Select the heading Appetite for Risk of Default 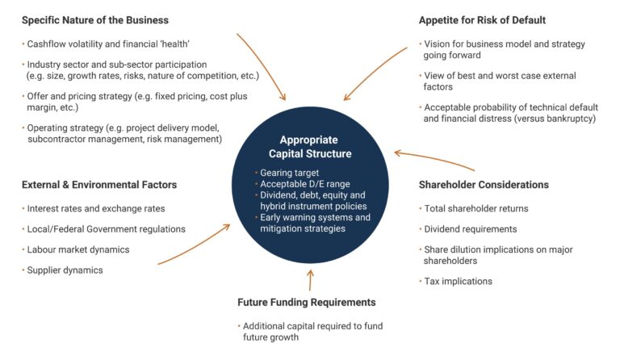pyautogui.click(x=483, y=19)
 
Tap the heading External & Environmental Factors pyautogui.click(x=99, y=185)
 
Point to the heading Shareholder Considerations pyautogui.click(x=484, y=185)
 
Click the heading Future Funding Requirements pyautogui.click(x=307, y=302)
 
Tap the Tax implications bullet pyautogui.click(x=459, y=281)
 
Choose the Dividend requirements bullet pyautogui.click(x=470, y=228)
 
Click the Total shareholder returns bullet pyautogui.click(x=476, y=208)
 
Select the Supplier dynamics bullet pyautogui.click(x=65, y=270)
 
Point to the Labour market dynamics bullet pyautogui.click(x=78, y=249)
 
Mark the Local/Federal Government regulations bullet pyautogui.click(x=106, y=228)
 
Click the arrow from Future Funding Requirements pyautogui.click(x=310, y=279)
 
